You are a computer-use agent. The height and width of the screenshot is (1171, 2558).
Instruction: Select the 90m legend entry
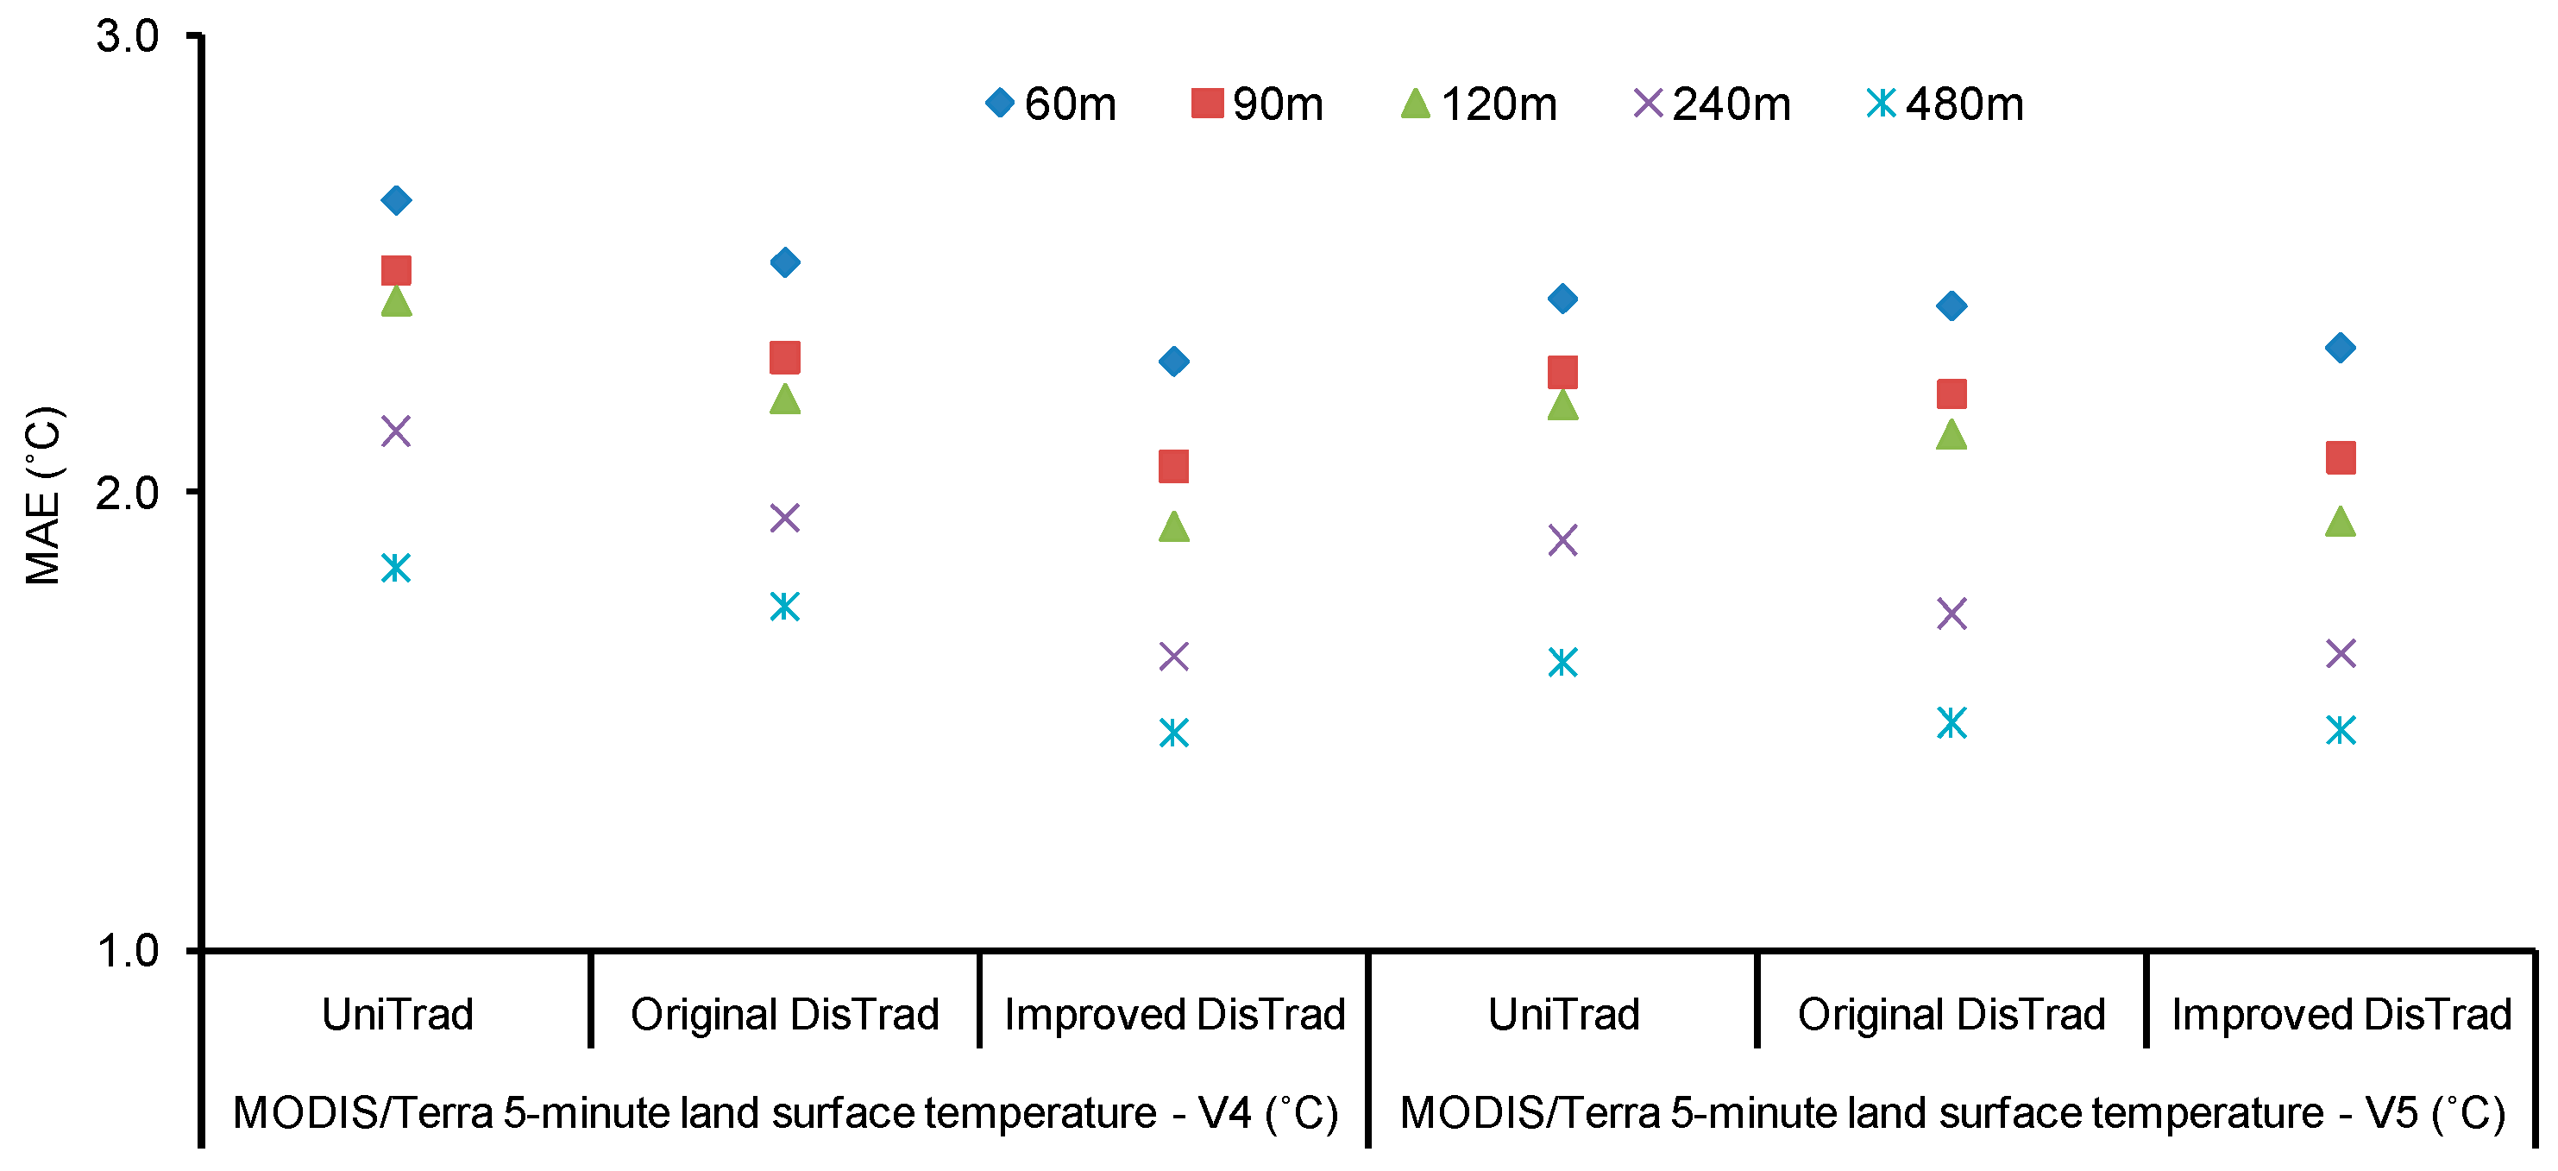pos(1257,104)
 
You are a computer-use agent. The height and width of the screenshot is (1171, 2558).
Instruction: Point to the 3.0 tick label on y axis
pos(127,37)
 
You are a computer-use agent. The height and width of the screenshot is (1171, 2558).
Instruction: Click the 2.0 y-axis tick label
pos(127,493)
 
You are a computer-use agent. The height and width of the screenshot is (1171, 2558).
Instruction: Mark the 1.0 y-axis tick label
pos(127,950)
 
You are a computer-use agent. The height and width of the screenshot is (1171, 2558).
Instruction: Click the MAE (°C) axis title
pos(44,495)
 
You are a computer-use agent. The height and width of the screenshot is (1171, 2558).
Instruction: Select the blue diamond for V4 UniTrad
pos(396,200)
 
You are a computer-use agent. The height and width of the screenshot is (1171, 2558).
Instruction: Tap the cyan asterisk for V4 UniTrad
pos(396,568)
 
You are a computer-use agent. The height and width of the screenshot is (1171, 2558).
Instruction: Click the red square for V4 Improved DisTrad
pos(1173,467)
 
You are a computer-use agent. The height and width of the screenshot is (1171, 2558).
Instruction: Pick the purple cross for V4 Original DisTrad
pos(784,518)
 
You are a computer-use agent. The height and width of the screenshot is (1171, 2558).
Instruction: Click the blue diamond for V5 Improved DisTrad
pos(2341,348)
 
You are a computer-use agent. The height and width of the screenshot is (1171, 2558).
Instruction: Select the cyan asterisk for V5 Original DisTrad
pos(1951,723)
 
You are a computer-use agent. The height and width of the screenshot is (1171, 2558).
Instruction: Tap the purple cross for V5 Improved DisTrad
pos(2341,653)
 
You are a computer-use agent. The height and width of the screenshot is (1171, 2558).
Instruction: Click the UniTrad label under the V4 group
pos(397,1014)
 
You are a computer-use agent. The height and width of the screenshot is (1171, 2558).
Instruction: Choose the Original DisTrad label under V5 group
pos(1951,1014)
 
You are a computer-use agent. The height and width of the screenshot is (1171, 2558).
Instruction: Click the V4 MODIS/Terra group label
pos(784,1112)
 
